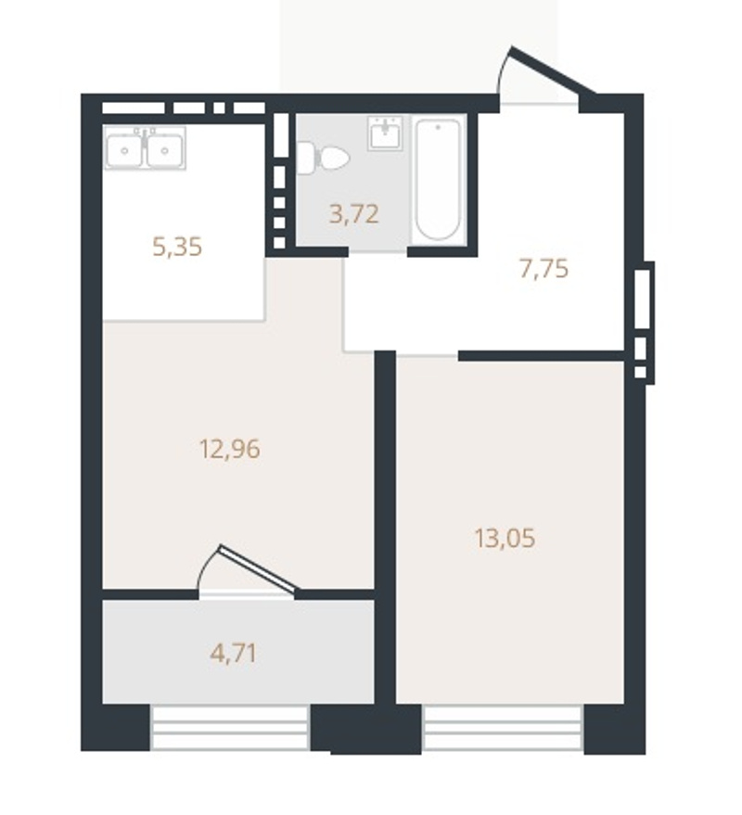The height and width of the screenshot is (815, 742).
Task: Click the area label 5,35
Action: coord(177,247)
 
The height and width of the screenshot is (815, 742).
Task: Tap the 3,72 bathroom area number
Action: coord(353,213)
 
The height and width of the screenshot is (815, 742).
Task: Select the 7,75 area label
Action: coord(544,269)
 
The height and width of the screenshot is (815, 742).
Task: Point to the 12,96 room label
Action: coord(230,449)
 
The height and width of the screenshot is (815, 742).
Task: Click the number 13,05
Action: coord(505,538)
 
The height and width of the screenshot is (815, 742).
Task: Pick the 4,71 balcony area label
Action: coord(234,654)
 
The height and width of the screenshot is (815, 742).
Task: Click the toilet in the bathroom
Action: coord(323,158)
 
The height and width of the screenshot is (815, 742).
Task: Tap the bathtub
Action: coord(439,180)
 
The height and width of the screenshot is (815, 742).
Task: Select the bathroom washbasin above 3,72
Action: coord(385,134)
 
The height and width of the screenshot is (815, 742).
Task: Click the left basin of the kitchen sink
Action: coord(124,151)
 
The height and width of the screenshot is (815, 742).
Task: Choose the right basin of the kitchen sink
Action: coord(165,151)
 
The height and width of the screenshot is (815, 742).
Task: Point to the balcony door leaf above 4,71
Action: coord(259,567)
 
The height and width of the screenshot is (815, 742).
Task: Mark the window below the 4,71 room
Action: coord(230,727)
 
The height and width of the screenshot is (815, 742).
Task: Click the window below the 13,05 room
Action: coord(503,728)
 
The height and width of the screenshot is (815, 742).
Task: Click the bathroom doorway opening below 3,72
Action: coord(377,252)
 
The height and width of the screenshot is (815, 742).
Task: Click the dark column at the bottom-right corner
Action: coord(615,729)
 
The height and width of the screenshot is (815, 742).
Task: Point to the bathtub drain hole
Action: coord(439,127)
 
